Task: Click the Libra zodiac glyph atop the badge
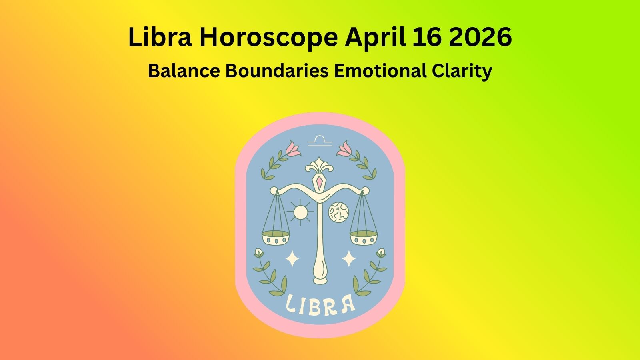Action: pos(320,141)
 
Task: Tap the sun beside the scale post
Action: pos(300,212)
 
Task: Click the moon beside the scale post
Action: pos(338,212)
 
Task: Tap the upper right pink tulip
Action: pos(345,148)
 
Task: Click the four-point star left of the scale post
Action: pos(292,258)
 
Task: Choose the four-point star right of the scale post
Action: pos(349,258)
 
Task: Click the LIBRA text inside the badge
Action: pos(320,305)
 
